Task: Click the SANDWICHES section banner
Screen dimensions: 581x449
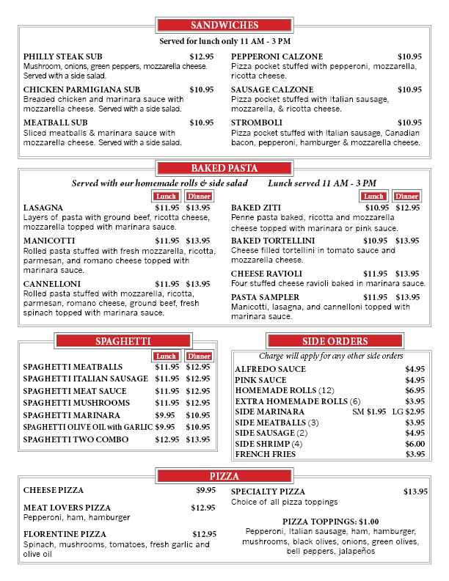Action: tap(224, 26)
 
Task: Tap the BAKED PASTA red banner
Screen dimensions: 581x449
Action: tap(224, 168)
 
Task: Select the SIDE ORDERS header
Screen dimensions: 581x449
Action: tap(335, 341)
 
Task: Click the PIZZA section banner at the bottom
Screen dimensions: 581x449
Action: tap(224, 476)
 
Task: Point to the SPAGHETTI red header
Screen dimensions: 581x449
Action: tap(123, 341)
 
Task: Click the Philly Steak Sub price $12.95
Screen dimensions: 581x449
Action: tap(202, 56)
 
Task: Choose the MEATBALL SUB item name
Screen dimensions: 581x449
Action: tap(56, 123)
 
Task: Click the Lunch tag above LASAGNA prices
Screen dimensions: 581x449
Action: tap(166, 196)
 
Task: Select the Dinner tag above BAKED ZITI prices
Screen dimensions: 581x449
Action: tap(406, 196)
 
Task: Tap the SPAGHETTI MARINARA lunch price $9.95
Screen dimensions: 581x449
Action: tap(165, 415)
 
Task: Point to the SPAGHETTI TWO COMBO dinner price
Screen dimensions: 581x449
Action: tap(197, 439)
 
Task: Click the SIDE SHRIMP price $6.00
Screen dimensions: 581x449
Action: tap(415, 444)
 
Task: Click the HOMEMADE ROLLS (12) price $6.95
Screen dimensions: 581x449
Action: tap(415, 390)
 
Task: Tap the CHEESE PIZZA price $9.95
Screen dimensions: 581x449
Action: tap(205, 490)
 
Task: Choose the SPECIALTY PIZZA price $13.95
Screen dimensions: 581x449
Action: tap(415, 492)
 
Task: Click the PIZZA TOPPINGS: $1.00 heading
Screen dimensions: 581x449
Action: tap(330, 522)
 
